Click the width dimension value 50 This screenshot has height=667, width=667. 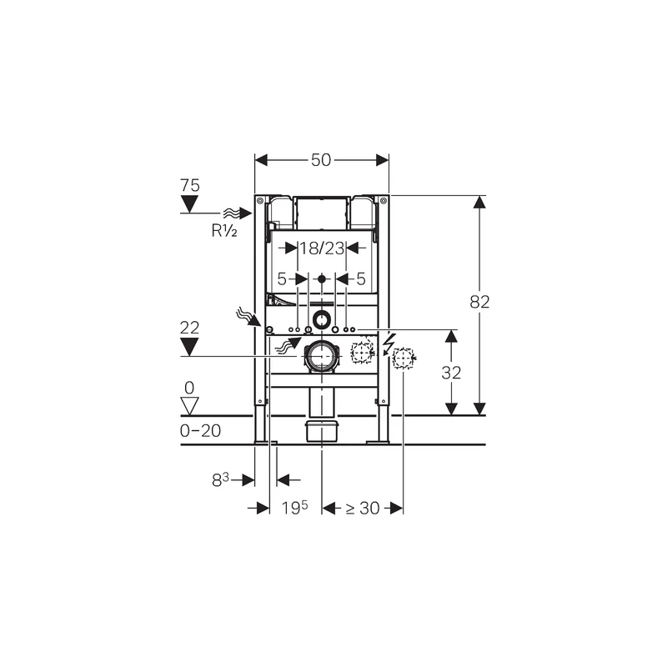tap(322, 160)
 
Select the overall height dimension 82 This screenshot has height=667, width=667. tap(479, 303)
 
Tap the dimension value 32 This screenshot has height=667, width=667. tap(451, 373)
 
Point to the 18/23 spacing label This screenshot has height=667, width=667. tap(322, 248)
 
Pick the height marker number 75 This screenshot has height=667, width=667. tap(190, 185)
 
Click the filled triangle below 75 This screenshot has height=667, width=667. tap(190, 204)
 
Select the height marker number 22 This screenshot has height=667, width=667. tap(190, 328)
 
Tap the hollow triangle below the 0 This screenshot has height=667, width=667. tap(190, 406)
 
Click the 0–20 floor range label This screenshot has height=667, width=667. tap(200, 430)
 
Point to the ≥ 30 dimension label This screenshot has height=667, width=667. tap(364, 508)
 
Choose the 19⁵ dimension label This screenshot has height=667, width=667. tap(293, 508)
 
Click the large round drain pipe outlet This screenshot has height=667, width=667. tap(321, 356)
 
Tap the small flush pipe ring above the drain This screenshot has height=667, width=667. tap(322, 319)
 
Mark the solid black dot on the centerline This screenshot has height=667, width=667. tap(322, 278)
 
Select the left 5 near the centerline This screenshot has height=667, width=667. tap(282, 278)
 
